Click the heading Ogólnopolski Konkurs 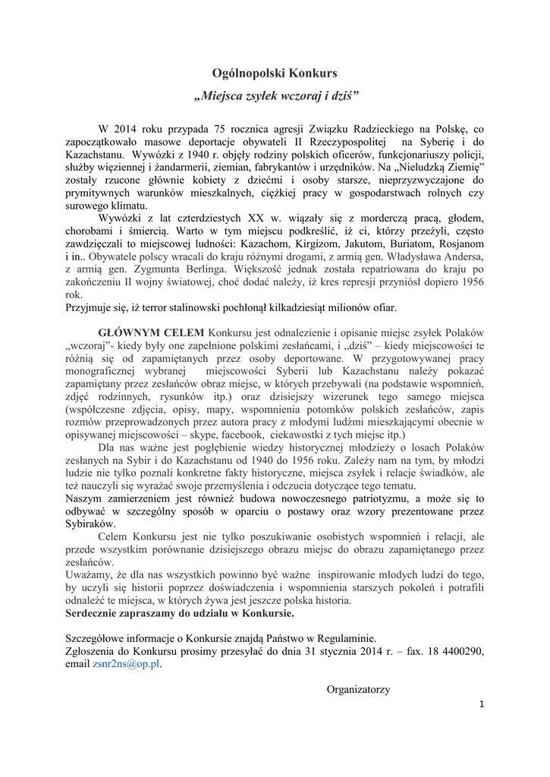coord(275,73)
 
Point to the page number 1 coord(481,704)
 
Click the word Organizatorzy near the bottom coord(358,689)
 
